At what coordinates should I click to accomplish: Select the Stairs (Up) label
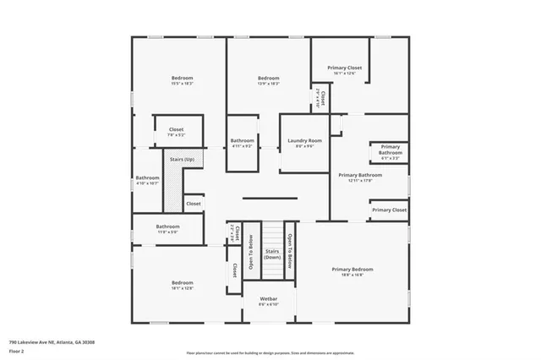click(182, 159)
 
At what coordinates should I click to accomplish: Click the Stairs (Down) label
click(272, 254)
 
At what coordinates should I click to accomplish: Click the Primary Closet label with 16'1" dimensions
click(344, 69)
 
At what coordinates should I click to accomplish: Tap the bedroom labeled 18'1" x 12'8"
click(183, 285)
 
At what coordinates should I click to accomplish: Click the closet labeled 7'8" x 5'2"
click(176, 132)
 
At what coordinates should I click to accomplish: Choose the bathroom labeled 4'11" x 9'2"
click(243, 143)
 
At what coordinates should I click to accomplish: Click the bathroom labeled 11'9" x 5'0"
click(167, 228)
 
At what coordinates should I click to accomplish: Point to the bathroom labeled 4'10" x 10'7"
click(147, 180)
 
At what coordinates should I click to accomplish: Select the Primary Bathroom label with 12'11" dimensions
click(360, 177)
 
